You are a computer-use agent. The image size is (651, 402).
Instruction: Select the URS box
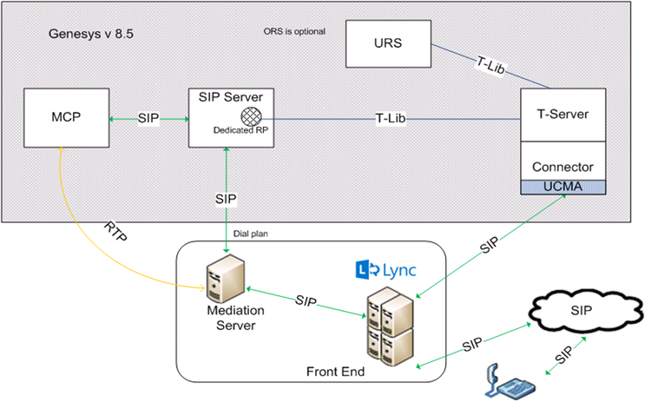pyautogui.click(x=388, y=44)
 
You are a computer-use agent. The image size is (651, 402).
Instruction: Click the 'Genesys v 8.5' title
pyautogui.click(x=91, y=35)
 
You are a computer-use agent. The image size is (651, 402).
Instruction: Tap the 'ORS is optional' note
pyautogui.click(x=294, y=32)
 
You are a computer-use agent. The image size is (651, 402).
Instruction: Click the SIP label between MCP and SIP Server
pyautogui.click(x=148, y=118)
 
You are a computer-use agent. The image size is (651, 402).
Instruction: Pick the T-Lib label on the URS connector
pyautogui.click(x=490, y=65)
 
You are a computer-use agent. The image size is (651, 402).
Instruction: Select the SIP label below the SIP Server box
pyautogui.click(x=225, y=199)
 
